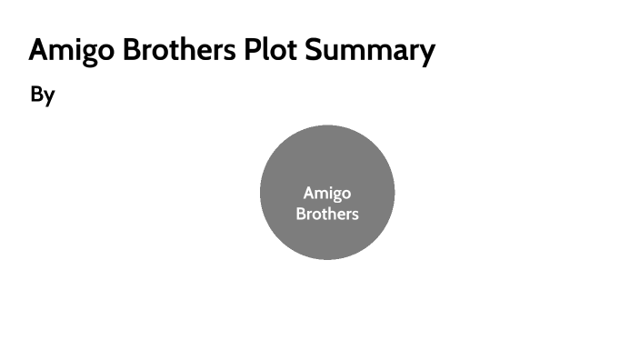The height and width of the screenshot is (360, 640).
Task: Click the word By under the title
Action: [x=43, y=95]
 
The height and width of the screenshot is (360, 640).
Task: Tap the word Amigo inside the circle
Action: [x=327, y=193]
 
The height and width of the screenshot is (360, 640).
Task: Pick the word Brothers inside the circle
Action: [x=327, y=215]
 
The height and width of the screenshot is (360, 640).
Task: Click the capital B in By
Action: [x=37, y=95]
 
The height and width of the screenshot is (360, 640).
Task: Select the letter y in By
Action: [x=49, y=97]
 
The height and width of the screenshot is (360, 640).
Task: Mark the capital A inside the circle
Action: [x=309, y=193]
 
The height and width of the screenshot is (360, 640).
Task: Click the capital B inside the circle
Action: [x=301, y=215]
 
